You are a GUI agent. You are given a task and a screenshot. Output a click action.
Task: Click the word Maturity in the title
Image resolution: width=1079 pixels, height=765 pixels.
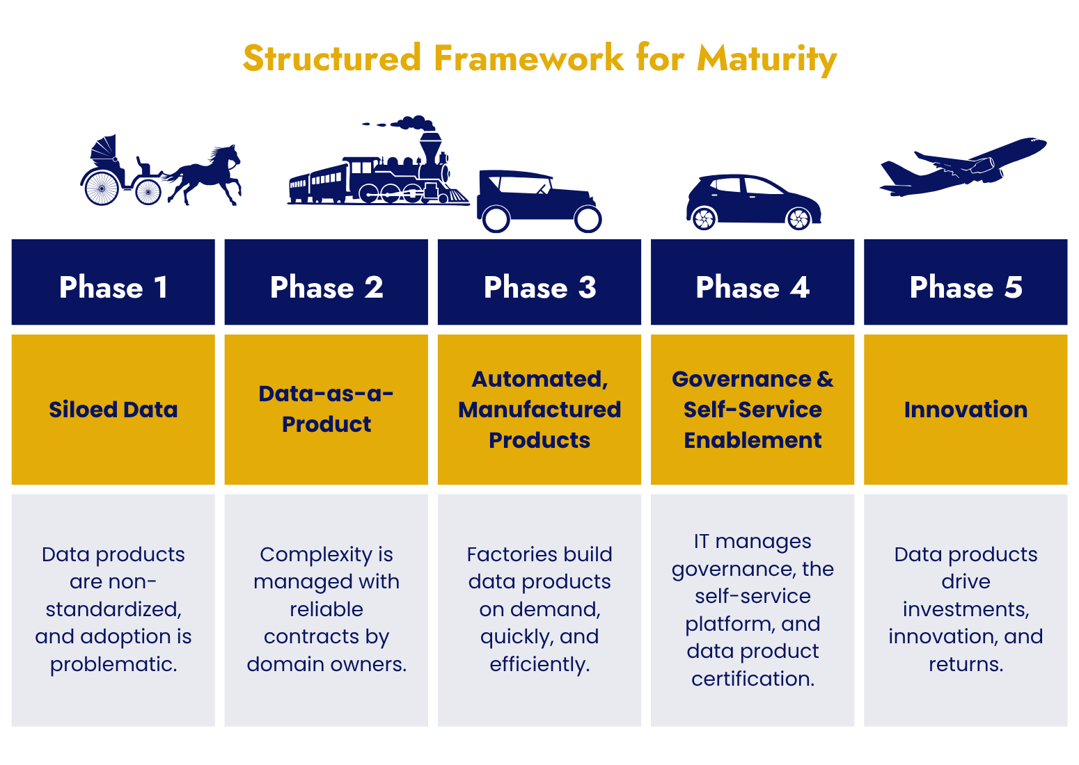pos(766,58)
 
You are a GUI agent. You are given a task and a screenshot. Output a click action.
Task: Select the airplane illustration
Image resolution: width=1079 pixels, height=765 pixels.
pos(964,167)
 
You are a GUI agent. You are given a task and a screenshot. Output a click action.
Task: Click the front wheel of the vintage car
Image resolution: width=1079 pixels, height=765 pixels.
pos(588,220)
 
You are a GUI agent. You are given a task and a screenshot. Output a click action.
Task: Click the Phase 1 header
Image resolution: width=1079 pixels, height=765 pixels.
pos(113,287)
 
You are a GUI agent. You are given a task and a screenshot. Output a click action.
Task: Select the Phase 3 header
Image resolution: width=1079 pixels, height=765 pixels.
pos(539,287)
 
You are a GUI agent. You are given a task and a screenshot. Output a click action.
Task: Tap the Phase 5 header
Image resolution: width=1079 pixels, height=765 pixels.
pos(966,287)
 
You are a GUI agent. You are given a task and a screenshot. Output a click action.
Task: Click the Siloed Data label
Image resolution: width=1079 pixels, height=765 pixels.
pos(113,410)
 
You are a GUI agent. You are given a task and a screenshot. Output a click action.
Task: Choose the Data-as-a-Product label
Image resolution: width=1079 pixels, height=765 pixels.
pos(326,409)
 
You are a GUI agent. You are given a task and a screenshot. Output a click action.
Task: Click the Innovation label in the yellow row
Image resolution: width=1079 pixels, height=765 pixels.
pos(966,410)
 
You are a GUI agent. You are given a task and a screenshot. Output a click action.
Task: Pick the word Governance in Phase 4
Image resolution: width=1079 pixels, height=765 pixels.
pos(741,379)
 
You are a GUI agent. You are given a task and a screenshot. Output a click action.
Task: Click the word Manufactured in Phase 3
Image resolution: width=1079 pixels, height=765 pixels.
pos(539,410)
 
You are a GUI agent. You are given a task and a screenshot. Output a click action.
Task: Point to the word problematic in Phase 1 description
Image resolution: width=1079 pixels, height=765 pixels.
pos(113,664)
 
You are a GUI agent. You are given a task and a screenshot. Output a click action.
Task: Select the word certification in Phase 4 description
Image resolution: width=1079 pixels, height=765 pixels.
pos(753,678)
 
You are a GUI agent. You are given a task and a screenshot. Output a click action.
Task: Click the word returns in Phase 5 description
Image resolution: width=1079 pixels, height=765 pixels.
pos(966,664)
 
